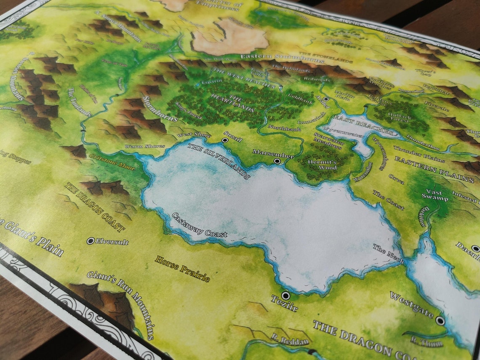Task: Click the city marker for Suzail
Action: pyautogui.click(x=225, y=140)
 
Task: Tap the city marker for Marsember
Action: pyautogui.click(x=277, y=161)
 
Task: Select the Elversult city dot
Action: pyautogui.click(x=90, y=241)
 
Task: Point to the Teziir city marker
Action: pyautogui.click(x=285, y=296)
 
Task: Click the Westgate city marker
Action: pyautogui.click(x=440, y=321)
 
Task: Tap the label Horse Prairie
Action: pyautogui.click(x=182, y=269)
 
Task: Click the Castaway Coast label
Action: pyautogui.click(x=200, y=225)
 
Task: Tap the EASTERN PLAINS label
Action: pyautogui.click(x=434, y=169)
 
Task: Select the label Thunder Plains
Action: pyautogui.click(x=413, y=154)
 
